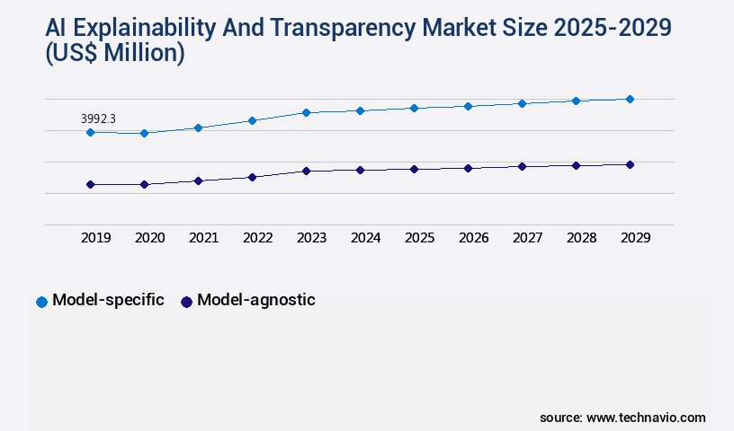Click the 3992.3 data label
pyautogui.click(x=99, y=119)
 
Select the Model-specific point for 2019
pyautogui.click(x=90, y=132)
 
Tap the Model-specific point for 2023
pyautogui.click(x=306, y=112)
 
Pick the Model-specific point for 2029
pyautogui.click(x=630, y=99)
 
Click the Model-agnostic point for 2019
pyautogui.click(x=90, y=184)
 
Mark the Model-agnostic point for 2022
pyautogui.click(x=252, y=177)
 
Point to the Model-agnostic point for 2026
pyautogui.click(x=468, y=168)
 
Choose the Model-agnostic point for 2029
pyautogui.click(x=630, y=164)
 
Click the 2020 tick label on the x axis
pyautogui.click(x=149, y=238)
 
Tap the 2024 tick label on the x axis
pyautogui.click(x=365, y=238)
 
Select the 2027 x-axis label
pyautogui.click(x=527, y=238)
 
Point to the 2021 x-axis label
pyautogui.click(x=203, y=238)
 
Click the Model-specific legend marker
pyautogui.click(x=41, y=302)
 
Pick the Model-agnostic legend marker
pyautogui.click(x=186, y=302)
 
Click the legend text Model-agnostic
pyautogui.click(x=256, y=300)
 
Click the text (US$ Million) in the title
pyautogui.click(x=115, y=54)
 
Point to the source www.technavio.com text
pyautogui.click(x=622, y=418)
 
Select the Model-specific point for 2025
pyautogui.click(x=414, y=108)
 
